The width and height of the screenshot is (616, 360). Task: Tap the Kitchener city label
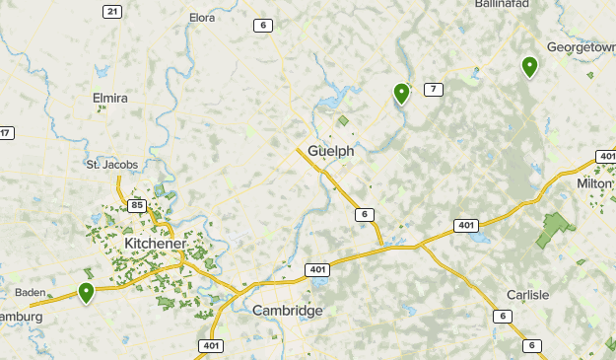click(x=156, y=244)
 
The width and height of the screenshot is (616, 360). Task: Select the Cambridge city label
click(x=287, y=311)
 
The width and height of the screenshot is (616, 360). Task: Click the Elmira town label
click(x=110, y=99)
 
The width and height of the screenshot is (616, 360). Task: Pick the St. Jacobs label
click(x=111, y=164)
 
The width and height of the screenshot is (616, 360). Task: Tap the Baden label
click(x=33, y=293)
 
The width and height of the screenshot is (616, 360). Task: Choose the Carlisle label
click(x=527, y=295)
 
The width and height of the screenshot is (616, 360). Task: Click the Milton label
click(x=594, y=183)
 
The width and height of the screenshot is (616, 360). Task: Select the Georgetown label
click(x=581, y=46)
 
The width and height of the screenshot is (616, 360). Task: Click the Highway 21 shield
click(x=112, y=12)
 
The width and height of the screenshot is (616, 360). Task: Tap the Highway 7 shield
click(x=433, y=90)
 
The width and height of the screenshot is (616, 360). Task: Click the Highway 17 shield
click(x=6, y=133)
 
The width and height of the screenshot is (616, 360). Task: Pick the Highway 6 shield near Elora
click(x=262, y=26)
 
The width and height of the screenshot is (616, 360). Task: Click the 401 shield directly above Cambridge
click(x=316, y=269)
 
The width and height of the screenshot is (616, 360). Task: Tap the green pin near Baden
click(x=87, y=293)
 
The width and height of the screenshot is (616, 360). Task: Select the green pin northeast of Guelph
click(x=401, y=94)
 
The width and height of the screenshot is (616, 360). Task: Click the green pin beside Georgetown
click(x=529, y=67)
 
